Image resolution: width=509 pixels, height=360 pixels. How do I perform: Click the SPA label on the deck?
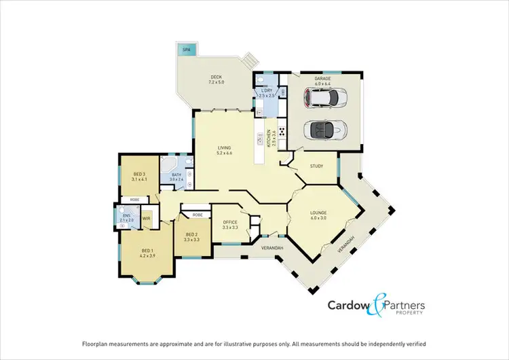pos(185,50)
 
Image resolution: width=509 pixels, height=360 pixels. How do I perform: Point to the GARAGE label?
pos(322,79)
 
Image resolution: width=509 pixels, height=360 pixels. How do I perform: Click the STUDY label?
pos(316,166)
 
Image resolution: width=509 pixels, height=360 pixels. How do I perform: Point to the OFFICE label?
pos(229,223)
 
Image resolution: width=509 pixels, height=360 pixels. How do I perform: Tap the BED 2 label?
pos(192,235)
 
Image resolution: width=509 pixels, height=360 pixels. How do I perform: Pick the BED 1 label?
pos(148,252)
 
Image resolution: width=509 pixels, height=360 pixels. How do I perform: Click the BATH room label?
pos(176,175)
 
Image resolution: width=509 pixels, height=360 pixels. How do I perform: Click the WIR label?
pos(146,219)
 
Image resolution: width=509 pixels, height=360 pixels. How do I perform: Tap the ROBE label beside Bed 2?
pos(197,215)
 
